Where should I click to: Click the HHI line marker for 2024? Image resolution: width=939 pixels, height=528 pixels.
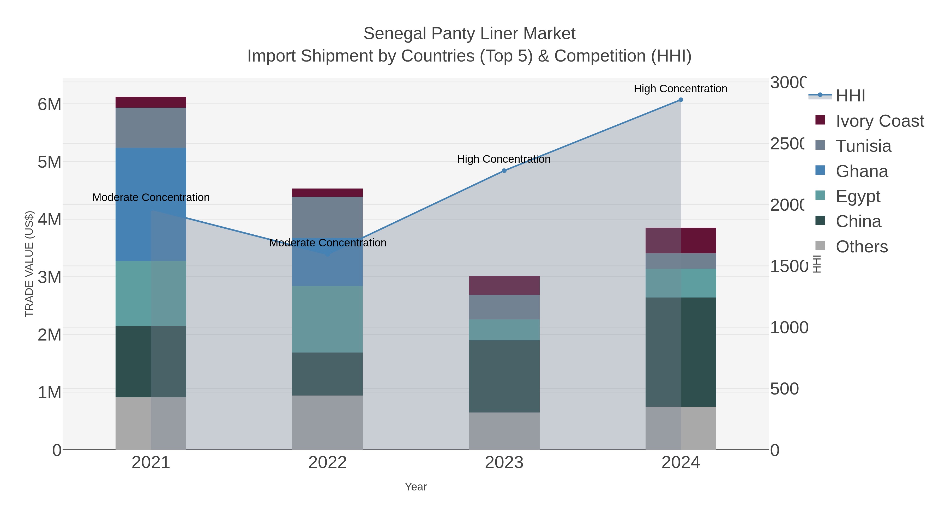click(x=681, y=100)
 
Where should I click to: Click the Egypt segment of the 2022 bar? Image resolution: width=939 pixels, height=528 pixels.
click(x=327, y=319)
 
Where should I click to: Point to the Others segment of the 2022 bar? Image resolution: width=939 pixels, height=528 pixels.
click(x=327, y=422)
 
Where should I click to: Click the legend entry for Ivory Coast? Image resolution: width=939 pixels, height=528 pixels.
click(x=880, y=121)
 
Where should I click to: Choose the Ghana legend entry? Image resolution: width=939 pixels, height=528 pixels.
click(x=862, y=171)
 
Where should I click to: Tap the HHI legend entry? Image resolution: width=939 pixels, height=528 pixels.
click(x=850, y=96)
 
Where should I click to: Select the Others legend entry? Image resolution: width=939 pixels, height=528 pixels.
click(x=862, y=247)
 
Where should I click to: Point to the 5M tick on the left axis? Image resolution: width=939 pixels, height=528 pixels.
click(x=50, y=162)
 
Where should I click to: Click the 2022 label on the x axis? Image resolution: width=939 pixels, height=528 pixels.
click(x=327, y=462)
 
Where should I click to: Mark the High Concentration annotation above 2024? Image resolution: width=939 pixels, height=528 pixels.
click(x=680, y=89)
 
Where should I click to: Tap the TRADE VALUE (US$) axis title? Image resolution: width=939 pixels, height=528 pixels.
click(x=29, y=264)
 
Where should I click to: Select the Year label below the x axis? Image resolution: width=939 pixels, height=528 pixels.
click(x=416, y=487)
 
